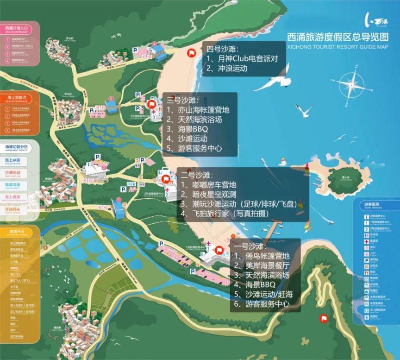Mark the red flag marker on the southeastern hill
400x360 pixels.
[322, 318]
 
